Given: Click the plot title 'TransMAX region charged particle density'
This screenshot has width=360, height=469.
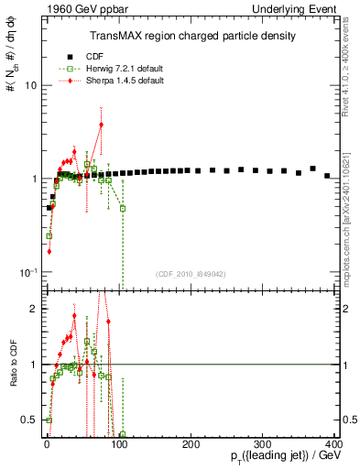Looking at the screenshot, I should (x=191, y=36).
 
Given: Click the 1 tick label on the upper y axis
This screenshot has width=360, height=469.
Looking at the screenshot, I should (x=32, y=179).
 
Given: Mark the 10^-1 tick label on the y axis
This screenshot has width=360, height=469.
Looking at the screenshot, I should (x=27, y=272).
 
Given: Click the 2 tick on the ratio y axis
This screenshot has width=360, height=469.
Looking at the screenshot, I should (x=32, y=309).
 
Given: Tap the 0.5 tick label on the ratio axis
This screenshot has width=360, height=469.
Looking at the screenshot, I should (x=27, y=420).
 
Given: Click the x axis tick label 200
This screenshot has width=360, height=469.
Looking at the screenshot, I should (x=191, y=444).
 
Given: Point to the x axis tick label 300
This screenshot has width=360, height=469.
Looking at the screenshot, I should (x=263, y=444).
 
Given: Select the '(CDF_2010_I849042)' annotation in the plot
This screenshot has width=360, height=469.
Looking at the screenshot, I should (x=191, y=273).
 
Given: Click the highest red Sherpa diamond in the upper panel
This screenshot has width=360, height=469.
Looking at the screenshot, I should (x=101, y=125).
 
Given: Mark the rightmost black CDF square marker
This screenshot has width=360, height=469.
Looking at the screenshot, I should (x=327, y=175).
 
